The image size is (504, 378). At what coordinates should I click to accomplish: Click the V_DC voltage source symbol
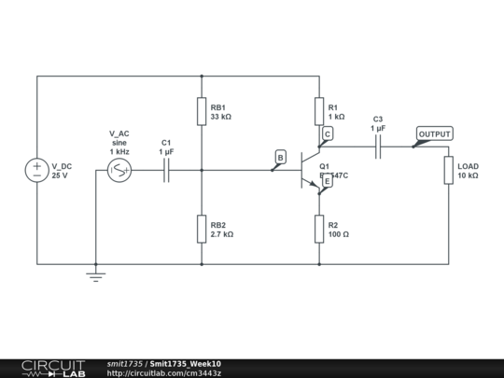pyautogui.click(x=37, y=170)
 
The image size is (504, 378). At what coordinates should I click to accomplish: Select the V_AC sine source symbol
pyautogui.click(x=119, y=170)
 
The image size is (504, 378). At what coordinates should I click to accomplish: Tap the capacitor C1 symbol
pyautogui.click(x=166, y=170)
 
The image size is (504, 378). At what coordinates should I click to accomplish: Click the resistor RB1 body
pyautogui.click(x=202, y=112)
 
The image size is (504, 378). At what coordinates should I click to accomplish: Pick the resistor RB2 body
pyautogui.click(x=202, y=229)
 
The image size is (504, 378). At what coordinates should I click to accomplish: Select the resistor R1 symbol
pyautogui.click(x=319, y=112)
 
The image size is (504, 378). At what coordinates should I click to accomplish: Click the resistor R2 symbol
pyautogui.click(x=319, y=229)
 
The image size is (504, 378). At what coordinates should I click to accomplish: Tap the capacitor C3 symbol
pyautogui.click(x=378, y=147)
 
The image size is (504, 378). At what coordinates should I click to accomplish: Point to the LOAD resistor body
pyautogui.click(x=448, y=171)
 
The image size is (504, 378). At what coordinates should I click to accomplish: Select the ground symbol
pyautogui.click(x=95, y=275)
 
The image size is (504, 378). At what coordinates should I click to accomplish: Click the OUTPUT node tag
pyautogui.click(x=434, y=134)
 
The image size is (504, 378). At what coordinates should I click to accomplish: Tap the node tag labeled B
pyautogui.click(x=279, y=159)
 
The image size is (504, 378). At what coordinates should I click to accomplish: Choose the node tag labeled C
pyautogui.click(x=327, y=134)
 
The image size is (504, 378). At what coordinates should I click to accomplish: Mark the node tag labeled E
pyautogui.click(x=327, y=181)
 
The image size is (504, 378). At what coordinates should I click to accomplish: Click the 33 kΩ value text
pyautogui.click(x=221, y=118)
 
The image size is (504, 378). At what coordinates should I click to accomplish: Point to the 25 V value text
pyautogui.click(x=60, y=175)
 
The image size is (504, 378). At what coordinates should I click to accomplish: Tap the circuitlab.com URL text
pyautogui.click(x=164, y=373)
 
